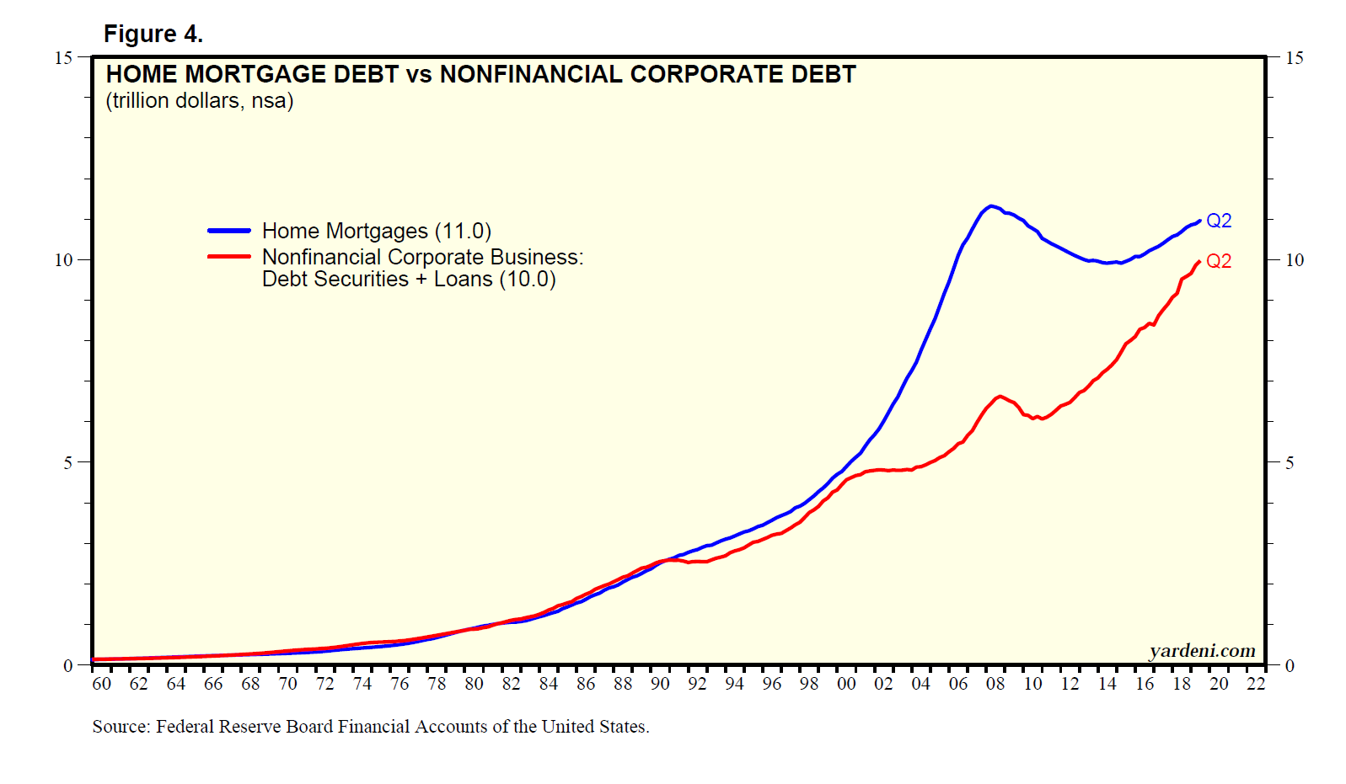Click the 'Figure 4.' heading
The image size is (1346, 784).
tap(153, 35)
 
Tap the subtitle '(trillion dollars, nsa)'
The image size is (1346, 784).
tap(199, 101)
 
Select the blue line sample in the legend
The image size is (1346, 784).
tap(229, 231)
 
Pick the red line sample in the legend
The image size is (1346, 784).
tap(229, 257)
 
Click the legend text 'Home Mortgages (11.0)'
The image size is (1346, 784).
tap(376, 231)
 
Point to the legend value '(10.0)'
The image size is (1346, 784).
tap(528, 280)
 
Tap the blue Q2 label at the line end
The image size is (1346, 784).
tap(1219, 221)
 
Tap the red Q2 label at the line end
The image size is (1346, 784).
tap(1219, 261)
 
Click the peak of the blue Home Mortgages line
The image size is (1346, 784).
tap(991, 205)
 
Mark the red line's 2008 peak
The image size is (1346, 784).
tap(1000, 396)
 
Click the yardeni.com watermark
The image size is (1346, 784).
tap(1202, 651)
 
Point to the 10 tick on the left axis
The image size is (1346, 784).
tap(63, 260)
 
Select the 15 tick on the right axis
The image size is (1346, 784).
tap(1294, 58)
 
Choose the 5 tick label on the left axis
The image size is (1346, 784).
tap(67, 462)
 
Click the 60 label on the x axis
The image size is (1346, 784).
tap(101, 684)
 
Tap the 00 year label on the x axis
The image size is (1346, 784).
tap(845, 684)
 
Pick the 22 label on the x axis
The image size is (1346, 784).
tap(1256, 684)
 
